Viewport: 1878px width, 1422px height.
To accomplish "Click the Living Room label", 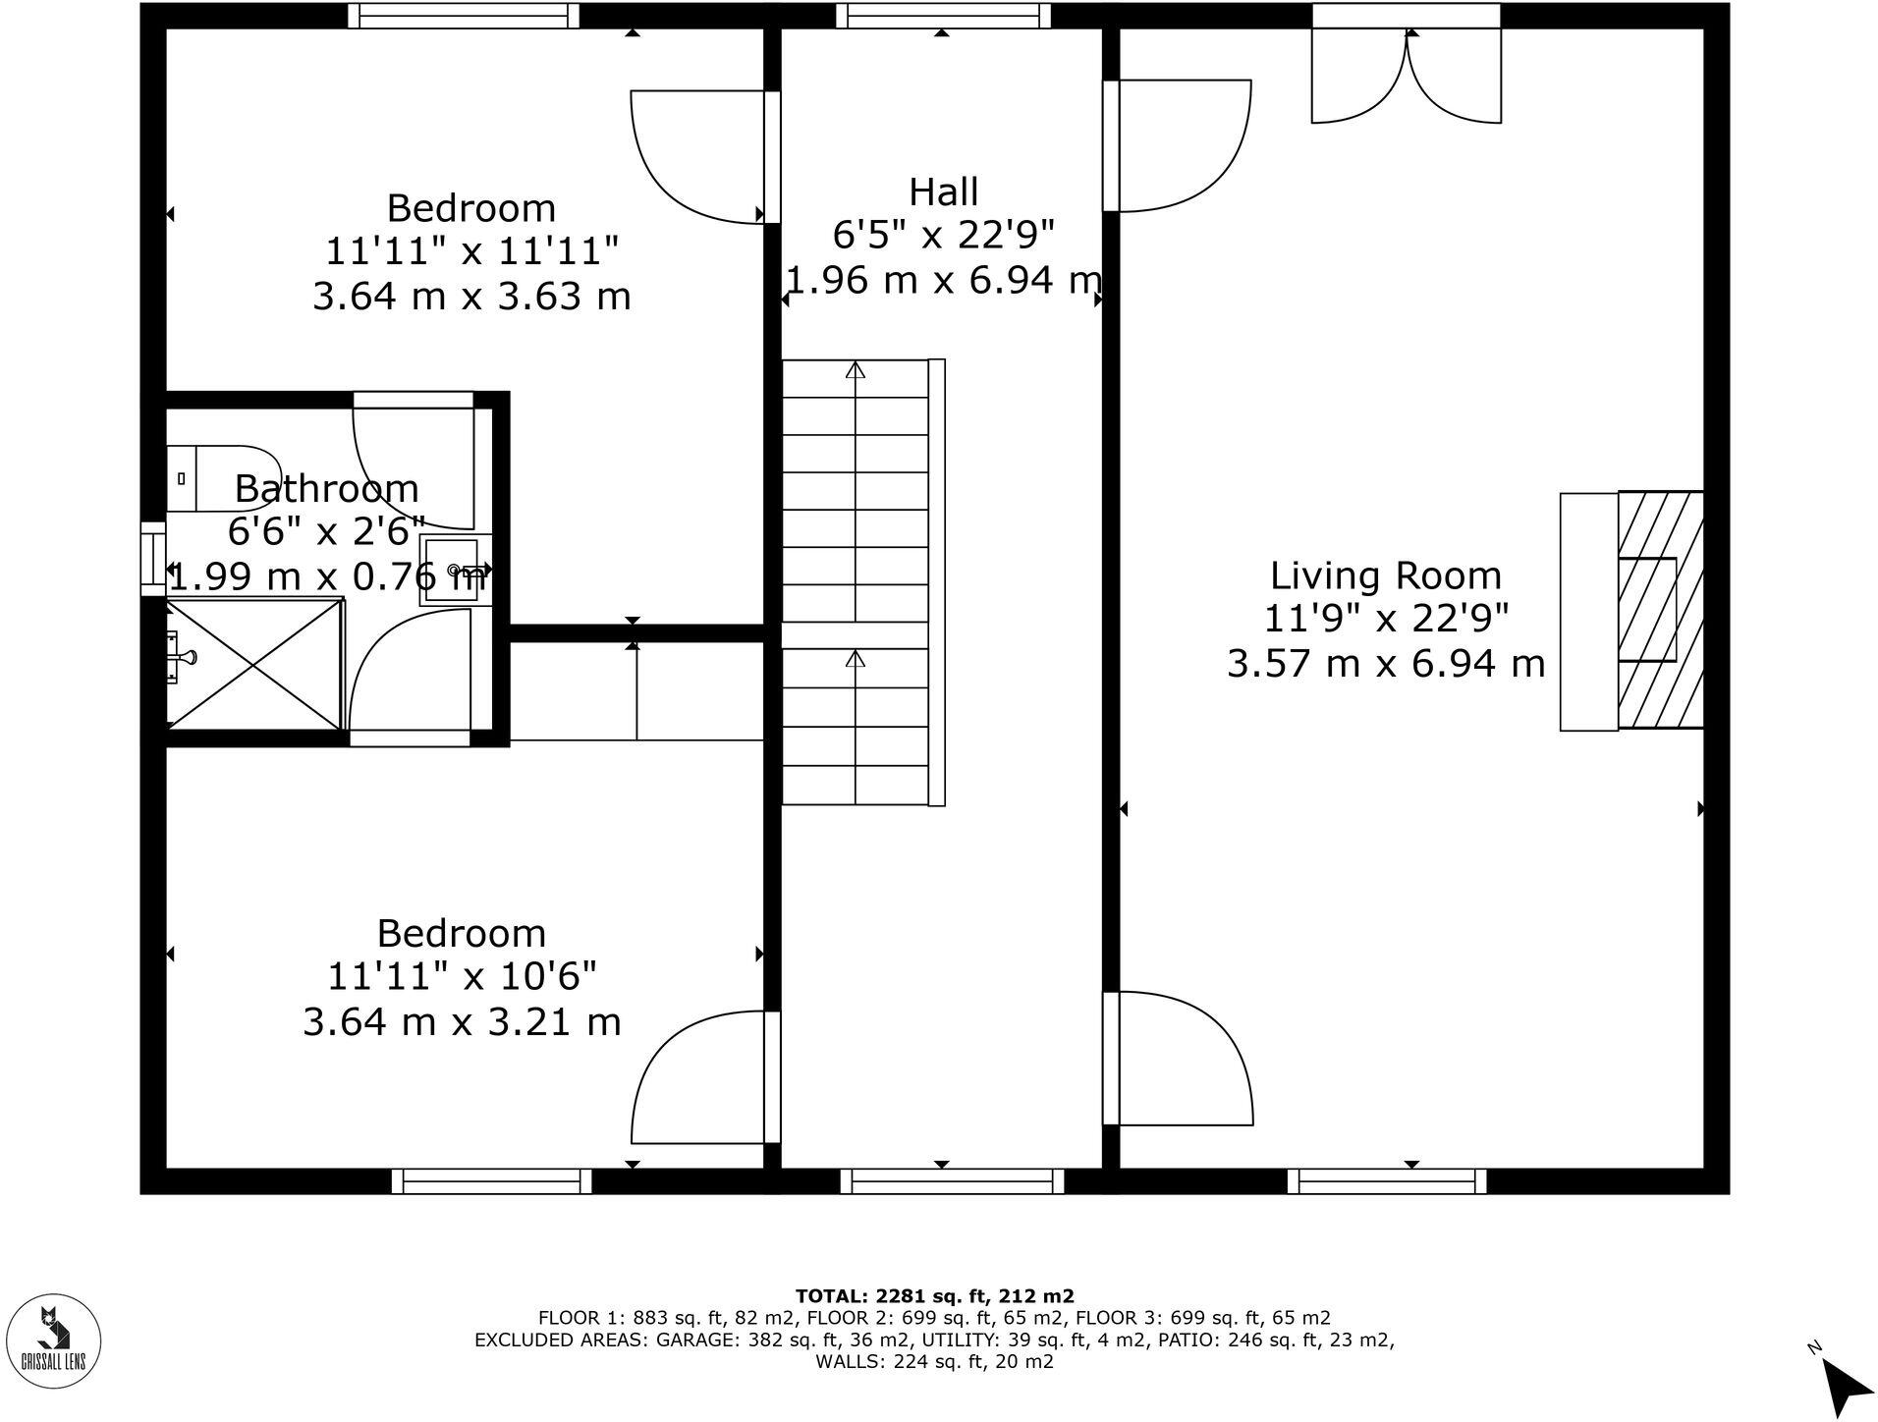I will coord(1385,575).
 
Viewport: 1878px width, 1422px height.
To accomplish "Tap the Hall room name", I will coord(943,191).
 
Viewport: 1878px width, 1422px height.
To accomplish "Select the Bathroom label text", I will coord(326,489).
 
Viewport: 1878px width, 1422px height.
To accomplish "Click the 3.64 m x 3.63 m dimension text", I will coord(471,296).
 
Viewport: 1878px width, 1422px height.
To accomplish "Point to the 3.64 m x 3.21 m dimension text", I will coord(462,1022).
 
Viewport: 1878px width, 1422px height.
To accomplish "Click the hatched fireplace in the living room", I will coord(1660,610).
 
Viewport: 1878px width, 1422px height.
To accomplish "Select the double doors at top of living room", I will coord(1407,79).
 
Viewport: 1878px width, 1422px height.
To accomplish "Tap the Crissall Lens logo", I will coord(59,1341).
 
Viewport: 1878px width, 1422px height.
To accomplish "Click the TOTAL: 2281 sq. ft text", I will coord(934,1296).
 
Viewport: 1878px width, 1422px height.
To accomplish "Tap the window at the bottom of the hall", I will coord(952,1180).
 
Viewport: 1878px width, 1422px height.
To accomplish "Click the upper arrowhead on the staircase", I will coord(856,370).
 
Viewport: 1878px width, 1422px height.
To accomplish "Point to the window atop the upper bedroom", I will coord(464,16).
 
